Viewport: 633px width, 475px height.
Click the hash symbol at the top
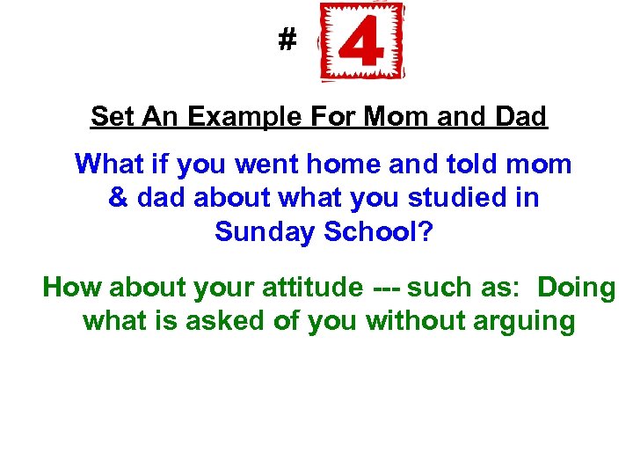pyautogui.click(x=287, y=40)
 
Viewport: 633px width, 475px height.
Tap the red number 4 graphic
pyautogui.click(x=362, y=42)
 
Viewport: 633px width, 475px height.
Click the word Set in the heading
pyautogui.click(x=110, y=116)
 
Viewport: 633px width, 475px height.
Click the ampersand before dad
pyautogui.click(x=119, y=198)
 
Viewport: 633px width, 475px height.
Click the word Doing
pyautogui.click(x=577, y=288)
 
